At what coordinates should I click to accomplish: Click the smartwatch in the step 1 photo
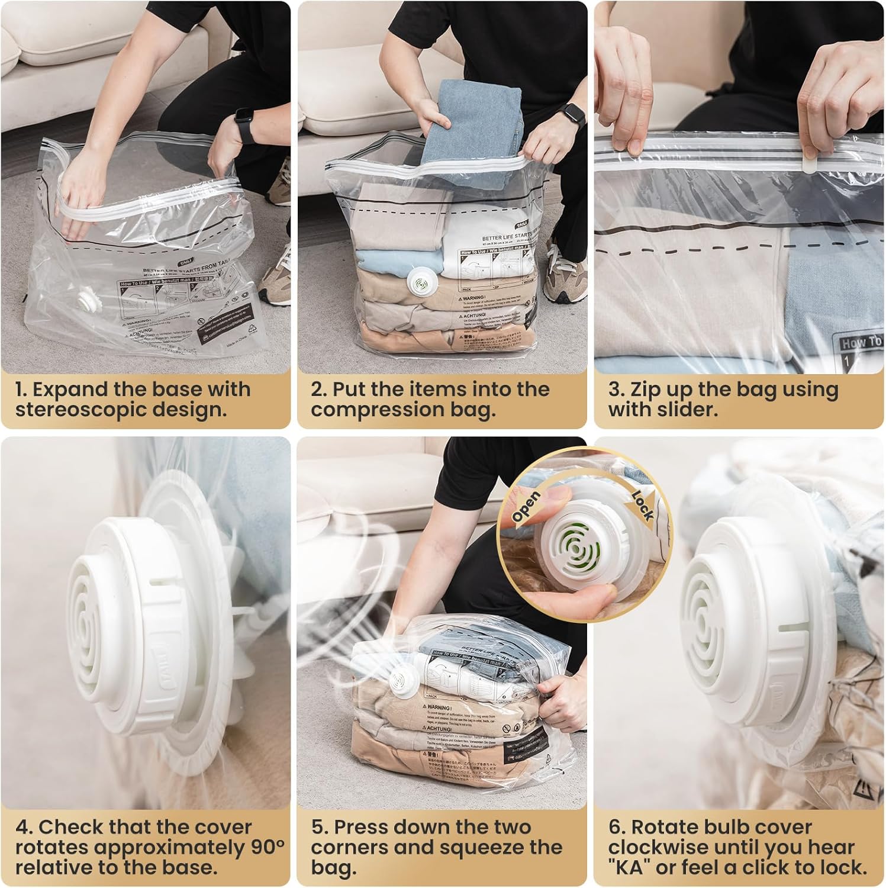(243, 124)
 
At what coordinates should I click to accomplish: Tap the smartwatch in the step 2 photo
(575, 120)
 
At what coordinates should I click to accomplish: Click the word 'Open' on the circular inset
(526, 506)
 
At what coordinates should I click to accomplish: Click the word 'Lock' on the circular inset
(643, 504)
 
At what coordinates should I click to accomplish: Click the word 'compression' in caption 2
(378, 410)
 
